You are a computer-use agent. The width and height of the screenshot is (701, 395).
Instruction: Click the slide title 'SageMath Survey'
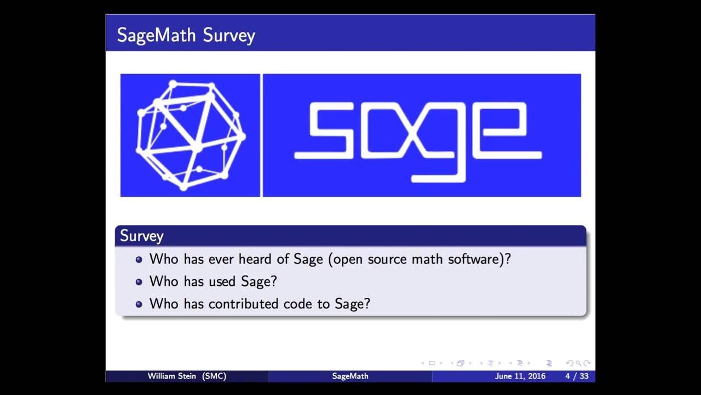pos(186,35)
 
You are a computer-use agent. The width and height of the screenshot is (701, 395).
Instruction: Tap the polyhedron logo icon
pos(190,136)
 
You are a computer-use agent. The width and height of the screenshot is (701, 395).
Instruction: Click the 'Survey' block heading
pos(141,236)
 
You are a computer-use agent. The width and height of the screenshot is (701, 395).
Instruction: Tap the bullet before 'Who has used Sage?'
pos(139,282)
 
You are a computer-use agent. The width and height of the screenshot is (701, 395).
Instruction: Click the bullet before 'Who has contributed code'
pos(139,304)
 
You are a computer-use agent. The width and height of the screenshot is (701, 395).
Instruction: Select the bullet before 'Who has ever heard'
pos(139,259)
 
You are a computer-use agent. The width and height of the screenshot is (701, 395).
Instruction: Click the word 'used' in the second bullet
pos(222,281)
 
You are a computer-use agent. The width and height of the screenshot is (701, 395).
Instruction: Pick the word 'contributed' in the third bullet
pos(243,303)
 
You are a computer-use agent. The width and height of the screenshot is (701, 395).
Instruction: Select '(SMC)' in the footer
pos(214,376)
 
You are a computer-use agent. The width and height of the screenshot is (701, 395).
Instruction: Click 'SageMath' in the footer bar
pos(350,376)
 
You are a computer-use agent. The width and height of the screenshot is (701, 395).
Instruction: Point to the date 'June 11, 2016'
pos(520,376)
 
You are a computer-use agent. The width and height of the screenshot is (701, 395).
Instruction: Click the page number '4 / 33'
pos(577,376)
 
